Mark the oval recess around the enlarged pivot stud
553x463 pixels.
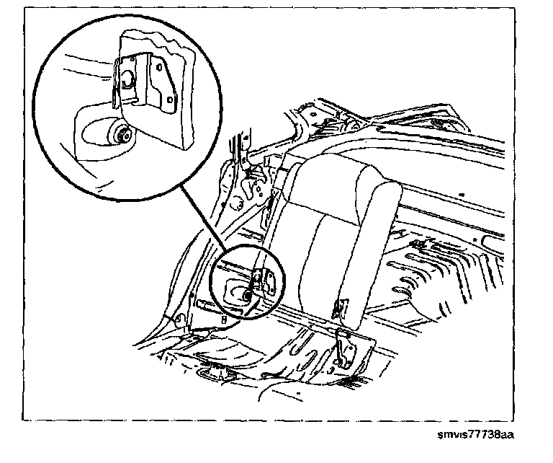pos(97,134)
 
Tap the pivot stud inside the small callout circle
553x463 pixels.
pos(247,294)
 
